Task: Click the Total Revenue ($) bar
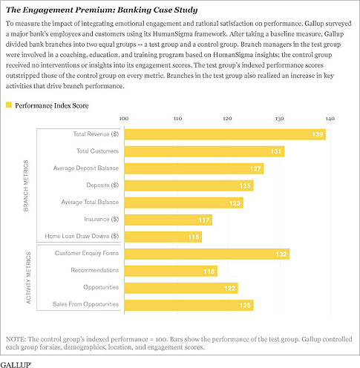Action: tap(225, 134)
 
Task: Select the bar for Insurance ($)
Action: tap(168, 220)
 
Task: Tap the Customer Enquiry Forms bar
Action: tap(207, 254)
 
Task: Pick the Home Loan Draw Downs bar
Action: tap(163, 237)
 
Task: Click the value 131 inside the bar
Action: tap(276, 151)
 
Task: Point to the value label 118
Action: tap(209, 272)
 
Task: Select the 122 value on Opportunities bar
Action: tap(229, 288)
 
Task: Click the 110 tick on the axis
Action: tap(177, 119)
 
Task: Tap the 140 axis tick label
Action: tap(330, 119)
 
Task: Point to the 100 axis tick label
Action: tap(124, 119)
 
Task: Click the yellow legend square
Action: tap(9, 105)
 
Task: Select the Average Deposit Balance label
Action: tap(86, 168)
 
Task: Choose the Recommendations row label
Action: tap(95, 270)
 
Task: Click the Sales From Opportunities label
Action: tap(85, 304)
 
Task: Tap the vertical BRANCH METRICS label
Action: tap(26, 185)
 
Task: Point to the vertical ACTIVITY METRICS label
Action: tap(28, 277)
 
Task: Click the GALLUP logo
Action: tap(16, 364)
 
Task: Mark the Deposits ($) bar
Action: tap(189, 185)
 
